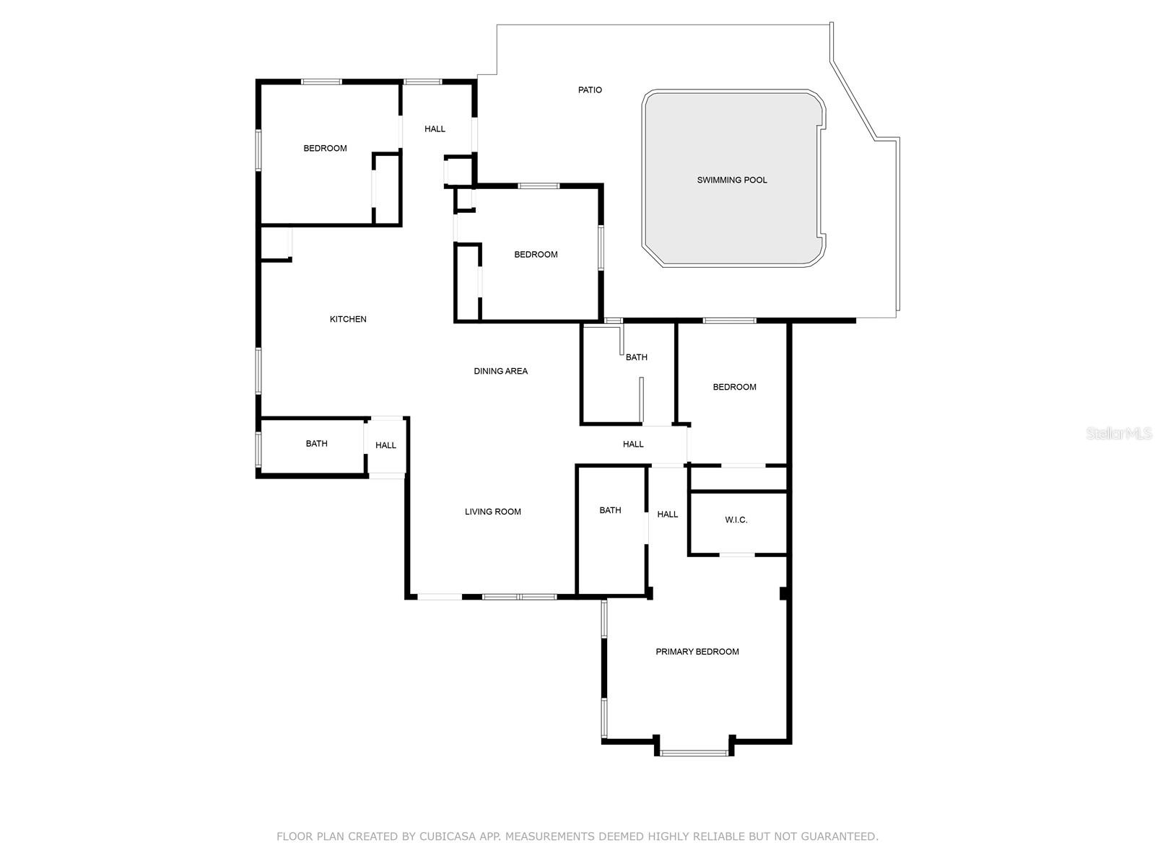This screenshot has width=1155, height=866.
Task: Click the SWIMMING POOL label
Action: pyautogui.click(x=731, y=180)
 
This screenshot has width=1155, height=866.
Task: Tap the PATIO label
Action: pyautogui.click(x=590, y=90)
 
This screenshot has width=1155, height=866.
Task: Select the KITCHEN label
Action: pyautogui.click(x=348, y=319)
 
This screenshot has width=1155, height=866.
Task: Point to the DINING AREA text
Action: pyautogui.click(x=500, y=371)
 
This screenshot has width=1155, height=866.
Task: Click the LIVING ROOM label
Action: pyautogui.click(x=492, y=512)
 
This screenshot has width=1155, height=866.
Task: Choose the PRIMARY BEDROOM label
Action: pyautogui.click(x=697, y=652)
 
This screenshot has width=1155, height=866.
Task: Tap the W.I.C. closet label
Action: pyautogui.click(x=736, y=520)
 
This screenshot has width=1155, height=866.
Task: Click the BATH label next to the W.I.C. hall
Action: pyautogui.click(x=610, y=510)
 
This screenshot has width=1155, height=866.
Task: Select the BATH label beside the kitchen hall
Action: pyautogui.click(x=316, y=444)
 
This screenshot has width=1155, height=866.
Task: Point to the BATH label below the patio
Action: pyautogui.click(x=636, y=357)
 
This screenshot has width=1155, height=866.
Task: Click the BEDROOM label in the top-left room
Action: pyautogui.click(x=325, y=148)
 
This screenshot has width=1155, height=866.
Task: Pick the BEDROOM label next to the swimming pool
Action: pyautogui.click(x=536, y=254)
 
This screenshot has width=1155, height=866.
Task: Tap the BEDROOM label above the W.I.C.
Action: pyautogui.click(x=734, y=387)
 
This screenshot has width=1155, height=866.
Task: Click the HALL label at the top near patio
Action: pyautogui.click(x=435, y=128)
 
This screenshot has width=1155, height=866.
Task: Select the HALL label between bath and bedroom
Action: pyautogui.click(x=633, y=445)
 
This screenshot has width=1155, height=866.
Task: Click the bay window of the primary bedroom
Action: pyautogui.click(x=694, y=753)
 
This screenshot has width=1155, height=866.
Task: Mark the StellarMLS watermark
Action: pyautogui.click(x=1118, y=433)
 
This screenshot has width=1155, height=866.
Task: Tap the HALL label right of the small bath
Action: pyautogui.click(x=385, y=445)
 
